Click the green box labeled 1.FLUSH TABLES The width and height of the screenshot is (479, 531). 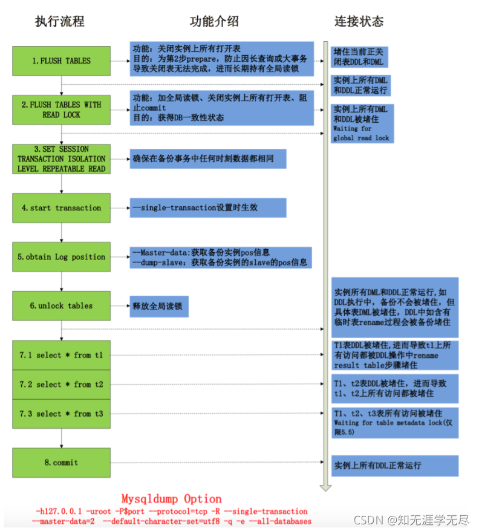61,61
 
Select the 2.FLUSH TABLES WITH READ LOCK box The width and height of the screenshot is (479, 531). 61,109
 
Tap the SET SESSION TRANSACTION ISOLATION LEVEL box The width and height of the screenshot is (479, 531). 61,159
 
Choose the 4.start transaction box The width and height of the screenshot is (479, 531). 61,208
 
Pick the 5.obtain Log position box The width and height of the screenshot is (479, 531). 61,257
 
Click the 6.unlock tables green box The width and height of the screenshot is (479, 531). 61,306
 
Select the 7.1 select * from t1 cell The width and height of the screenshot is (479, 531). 61,355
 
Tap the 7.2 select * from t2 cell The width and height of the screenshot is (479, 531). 61,385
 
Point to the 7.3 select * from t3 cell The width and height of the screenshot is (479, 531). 61,414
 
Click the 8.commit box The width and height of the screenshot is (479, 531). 61,463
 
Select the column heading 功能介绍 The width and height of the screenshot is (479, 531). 214,22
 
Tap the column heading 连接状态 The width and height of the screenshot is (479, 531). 359,22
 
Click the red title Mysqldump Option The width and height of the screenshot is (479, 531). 171,499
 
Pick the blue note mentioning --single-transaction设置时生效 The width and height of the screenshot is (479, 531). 207,208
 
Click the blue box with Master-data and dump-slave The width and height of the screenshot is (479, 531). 221,257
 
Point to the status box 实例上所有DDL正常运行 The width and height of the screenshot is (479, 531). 394,466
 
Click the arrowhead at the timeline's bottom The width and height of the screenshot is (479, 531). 325,486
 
